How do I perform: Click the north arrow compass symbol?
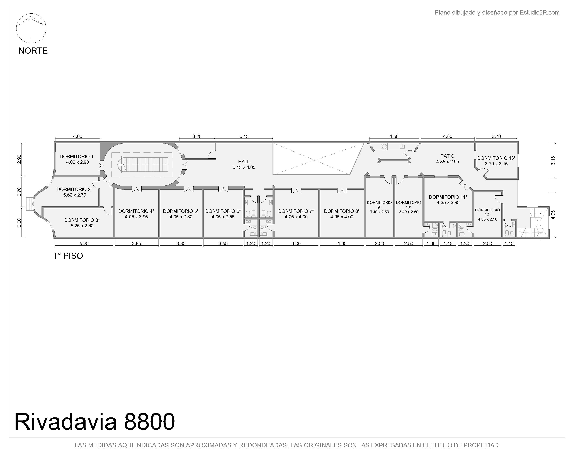[31, 28]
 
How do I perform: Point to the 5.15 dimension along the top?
[244, 136]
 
